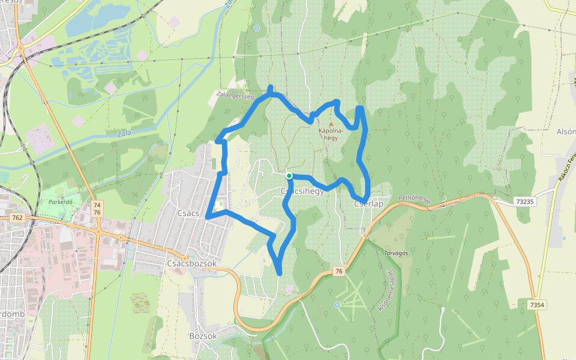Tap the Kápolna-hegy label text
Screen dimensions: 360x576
tap(331, 134)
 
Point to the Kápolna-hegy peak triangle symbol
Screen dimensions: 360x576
tap(331, 124)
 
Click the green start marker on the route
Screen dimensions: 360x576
tap(289, 176)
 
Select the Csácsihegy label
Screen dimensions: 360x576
tap(302, 191)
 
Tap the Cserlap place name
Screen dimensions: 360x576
tap(368, 204)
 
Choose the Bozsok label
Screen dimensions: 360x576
tap(203, 336)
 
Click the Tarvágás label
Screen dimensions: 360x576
tap(396, 253)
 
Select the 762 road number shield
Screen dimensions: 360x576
tap(17, 217)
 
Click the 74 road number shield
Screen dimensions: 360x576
tap(97, 205)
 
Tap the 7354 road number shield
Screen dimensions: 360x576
tap(537, 305)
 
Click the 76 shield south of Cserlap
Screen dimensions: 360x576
tap(339, 272)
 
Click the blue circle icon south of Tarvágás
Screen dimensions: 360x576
tap(337, 305)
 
